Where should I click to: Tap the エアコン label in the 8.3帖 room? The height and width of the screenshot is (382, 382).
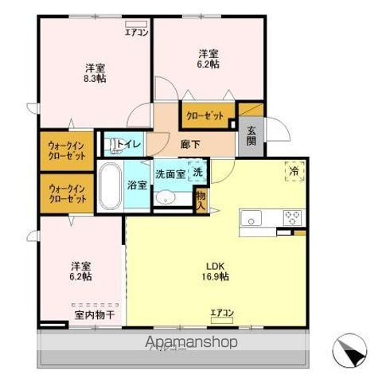coord(135,33)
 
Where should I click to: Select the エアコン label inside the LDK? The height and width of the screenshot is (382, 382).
coord(221,313)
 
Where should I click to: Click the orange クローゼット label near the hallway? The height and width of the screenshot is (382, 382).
coord(205,115)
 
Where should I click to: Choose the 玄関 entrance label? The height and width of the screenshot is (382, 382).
coord(251,136)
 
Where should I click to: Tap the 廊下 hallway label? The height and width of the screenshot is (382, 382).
coord(190,145)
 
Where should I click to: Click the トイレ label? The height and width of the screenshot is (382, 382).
coord(130,144)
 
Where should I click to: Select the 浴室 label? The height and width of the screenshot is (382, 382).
coord(137,185)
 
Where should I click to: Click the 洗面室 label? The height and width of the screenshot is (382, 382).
coord(170,173)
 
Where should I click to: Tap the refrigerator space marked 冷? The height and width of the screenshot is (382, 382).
coord(294,170)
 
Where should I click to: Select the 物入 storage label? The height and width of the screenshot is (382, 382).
coord(201,200)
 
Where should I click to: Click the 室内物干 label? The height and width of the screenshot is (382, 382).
coord(95,314)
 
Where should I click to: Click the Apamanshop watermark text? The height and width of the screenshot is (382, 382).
coord(191,343)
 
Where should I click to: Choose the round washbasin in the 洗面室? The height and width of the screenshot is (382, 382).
coord(166,198)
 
